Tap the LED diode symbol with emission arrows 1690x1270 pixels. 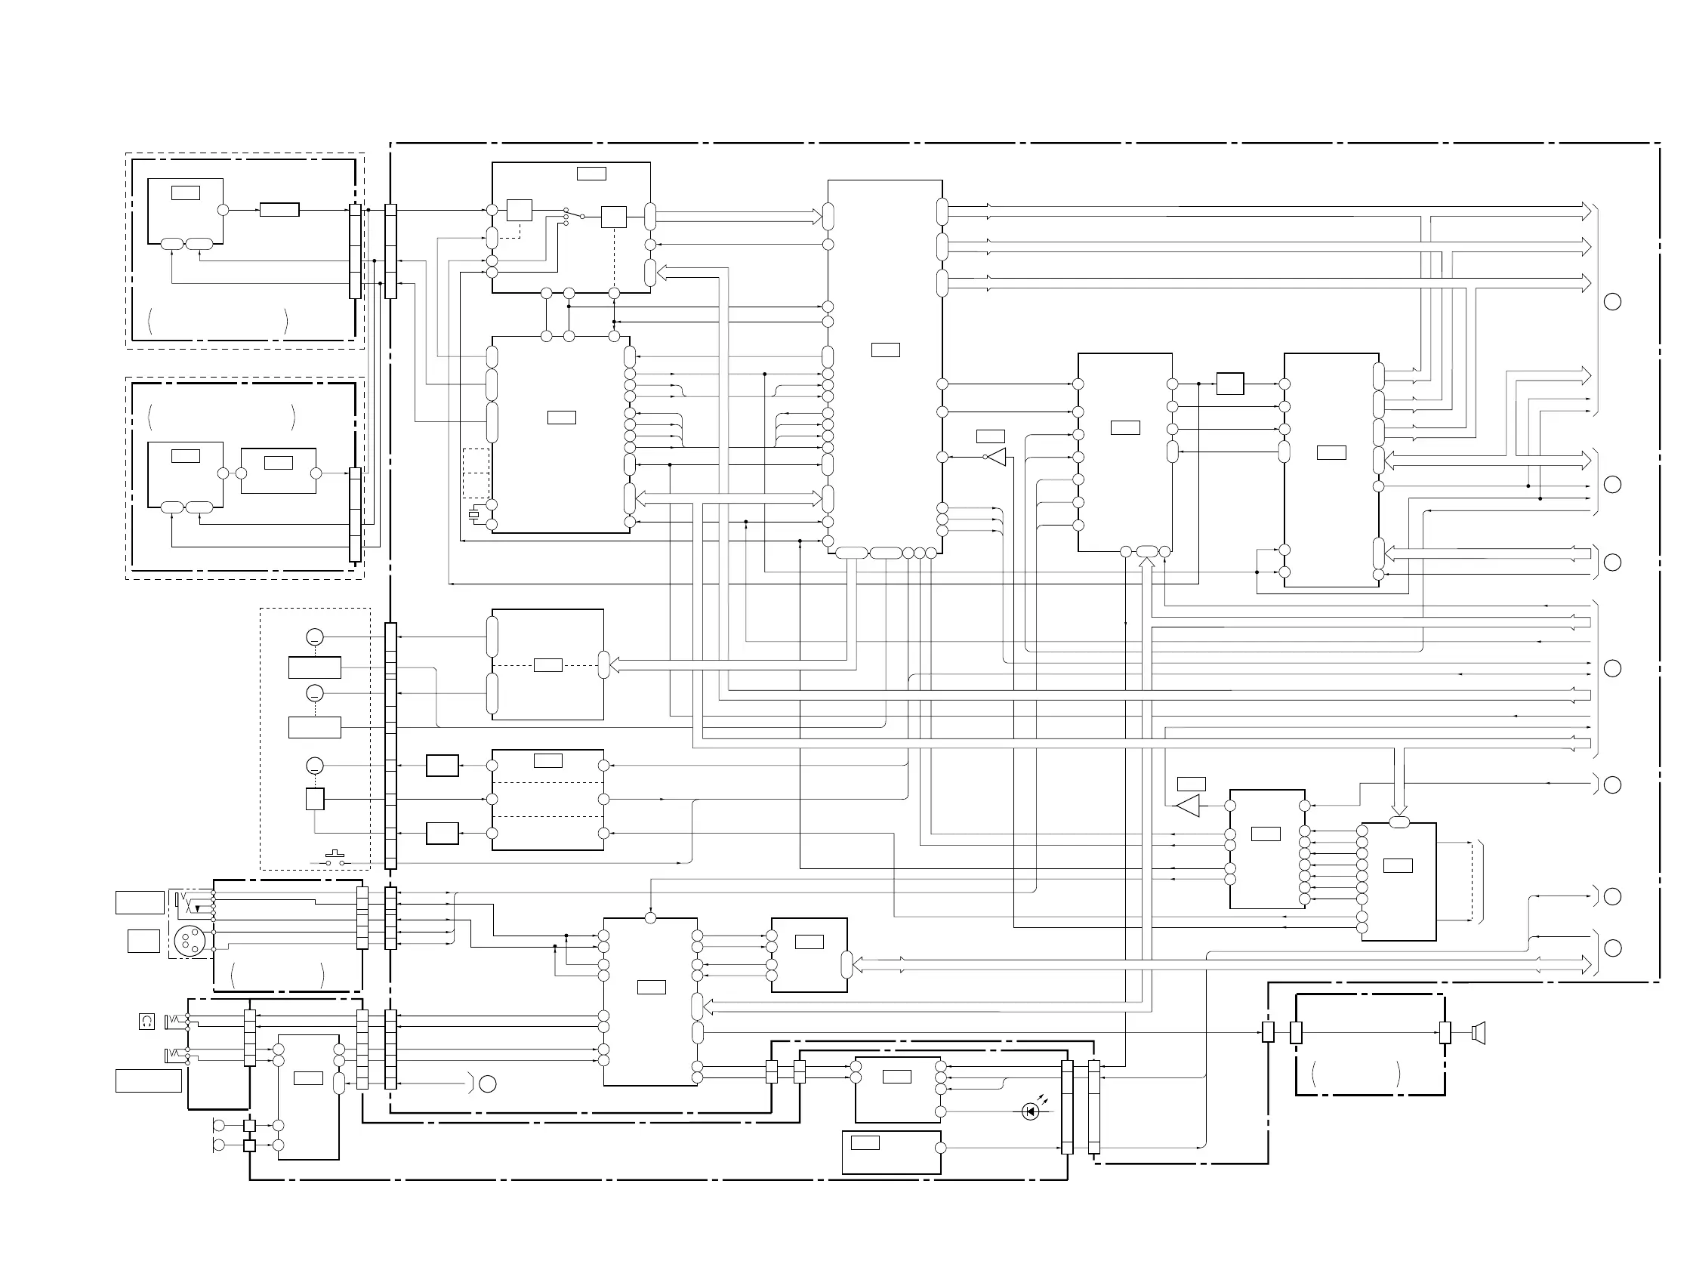click(1031, 1112)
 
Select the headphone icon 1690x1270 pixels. click(146, 1021)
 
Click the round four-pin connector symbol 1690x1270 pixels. click(187, 940)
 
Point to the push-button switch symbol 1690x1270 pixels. click(335, 859)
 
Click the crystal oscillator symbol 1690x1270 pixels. click(473, 514)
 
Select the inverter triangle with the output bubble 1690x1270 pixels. click(995, 457)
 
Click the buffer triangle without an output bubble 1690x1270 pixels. click(1188, 806)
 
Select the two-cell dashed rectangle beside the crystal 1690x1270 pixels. click(476, 473)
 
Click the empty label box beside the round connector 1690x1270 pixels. click(143, 941)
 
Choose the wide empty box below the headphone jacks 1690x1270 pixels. click(148, 1080)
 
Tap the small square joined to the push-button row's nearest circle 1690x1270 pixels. click(315, 799)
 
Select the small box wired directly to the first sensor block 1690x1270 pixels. click(279, 209)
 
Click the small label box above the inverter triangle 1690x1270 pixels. click(990, 436)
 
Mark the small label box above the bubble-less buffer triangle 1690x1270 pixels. click(1191, 783)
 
